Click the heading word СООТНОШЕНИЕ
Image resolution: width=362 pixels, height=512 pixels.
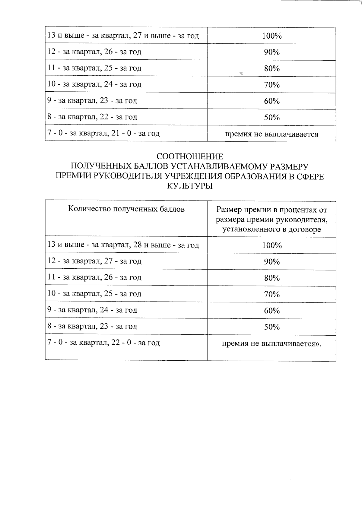click(x=190, y=156)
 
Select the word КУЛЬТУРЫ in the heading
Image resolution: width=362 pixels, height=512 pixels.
click(x=190, y=186)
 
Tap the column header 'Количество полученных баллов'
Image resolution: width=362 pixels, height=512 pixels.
click(x=126, y=209)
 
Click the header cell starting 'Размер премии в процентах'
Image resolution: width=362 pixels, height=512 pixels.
click(x=271, y=220)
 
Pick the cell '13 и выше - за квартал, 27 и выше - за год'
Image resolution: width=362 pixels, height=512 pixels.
click(x=123, y=36)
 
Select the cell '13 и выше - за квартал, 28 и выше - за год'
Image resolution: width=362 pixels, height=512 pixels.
click(x=123, y=245)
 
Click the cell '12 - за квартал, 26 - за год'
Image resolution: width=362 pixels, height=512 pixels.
click(x=94, y=52)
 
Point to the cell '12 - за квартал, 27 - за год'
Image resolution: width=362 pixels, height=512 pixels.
click(x=94, y=261)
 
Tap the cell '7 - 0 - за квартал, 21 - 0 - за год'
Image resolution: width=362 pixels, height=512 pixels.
click(x=103, y=133)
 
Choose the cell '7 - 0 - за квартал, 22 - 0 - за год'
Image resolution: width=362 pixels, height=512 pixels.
click(x=103, y=343)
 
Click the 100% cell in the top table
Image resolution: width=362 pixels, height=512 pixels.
click(x=272, y=36)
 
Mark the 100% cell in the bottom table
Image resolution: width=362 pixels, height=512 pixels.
click(x=272, y=245)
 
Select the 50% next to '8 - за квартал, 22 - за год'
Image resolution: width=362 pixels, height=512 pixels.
click(x=272, y=118)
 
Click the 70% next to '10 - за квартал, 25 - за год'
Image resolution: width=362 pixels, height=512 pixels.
click(x=272, y=294)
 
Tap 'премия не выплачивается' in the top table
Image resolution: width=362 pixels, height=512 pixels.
click(x=271, y=134)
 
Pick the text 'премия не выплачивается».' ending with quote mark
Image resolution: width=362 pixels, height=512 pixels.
click(x=271, y=344)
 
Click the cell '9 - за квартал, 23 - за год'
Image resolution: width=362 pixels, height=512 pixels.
click(x=92, y=101)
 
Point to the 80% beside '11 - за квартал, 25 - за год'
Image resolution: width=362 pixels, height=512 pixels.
click(x=272, y=69)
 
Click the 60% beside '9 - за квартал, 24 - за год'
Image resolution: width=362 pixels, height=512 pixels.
click(x=272, y=311)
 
